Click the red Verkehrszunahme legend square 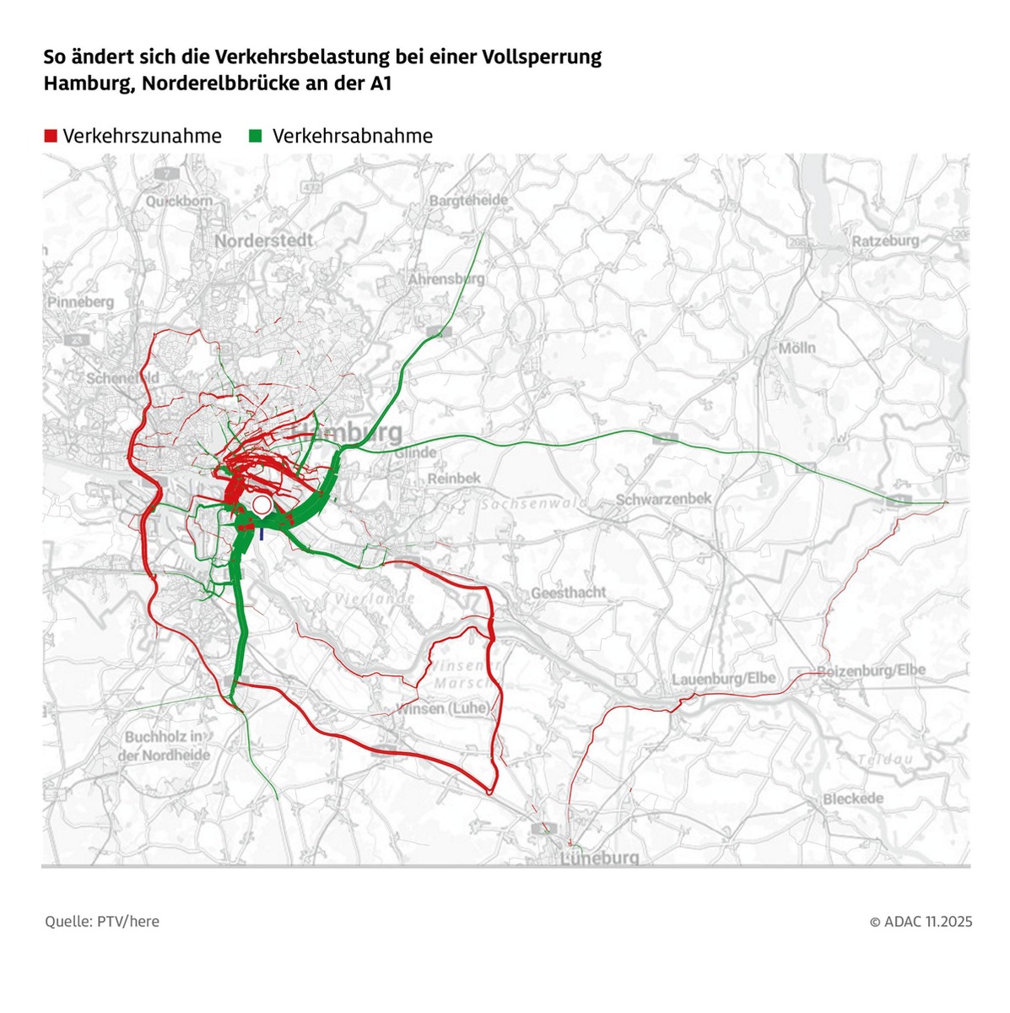click(x=51, y=136)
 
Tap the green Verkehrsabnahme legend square click(x=256, y=136)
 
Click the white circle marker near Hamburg click(x=262, y=506)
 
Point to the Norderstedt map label click(x=263, y=241)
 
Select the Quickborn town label click(x=179, y=201)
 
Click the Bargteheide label click(x=468, y=200)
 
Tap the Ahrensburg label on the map click(x=446, y=278)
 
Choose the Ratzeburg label click(x=885, y=241)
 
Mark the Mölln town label click(x=797, y=347)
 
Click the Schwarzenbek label click(x=663, y=499)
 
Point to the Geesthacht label click(x=569, y=593)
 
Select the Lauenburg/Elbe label click(x=723, y=680)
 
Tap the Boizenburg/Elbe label click(x=871, y=670)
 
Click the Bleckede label click(x=853, y=799)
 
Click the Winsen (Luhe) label click(x=442, y=708)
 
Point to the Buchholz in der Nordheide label click(x=164, y=745)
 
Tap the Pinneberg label click(x=81, y=301)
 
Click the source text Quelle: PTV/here click(x=102, y=921)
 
